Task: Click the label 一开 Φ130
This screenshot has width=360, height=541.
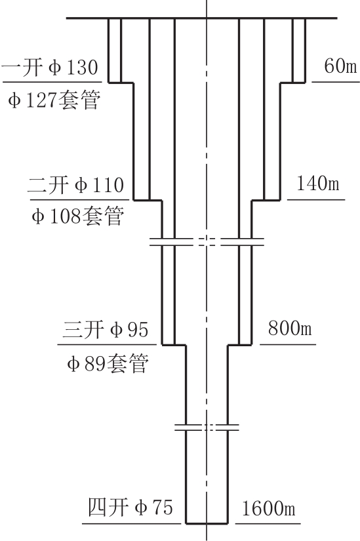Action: [x=50, y=68]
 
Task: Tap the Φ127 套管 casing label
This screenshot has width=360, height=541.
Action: [x=54, y=100]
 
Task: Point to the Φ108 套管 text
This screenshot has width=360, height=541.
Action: [x=77, y=216]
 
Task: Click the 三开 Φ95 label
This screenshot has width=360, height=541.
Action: [x=106, y=329]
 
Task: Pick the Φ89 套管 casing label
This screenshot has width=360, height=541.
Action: [x=108, y=363]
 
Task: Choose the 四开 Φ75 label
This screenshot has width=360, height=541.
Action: [x=130, y=507]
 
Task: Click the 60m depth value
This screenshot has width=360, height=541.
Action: [x=340, y=66]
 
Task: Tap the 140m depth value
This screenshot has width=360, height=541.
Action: [x=318, y=183]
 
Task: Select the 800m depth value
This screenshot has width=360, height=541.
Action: [x=290, y=328]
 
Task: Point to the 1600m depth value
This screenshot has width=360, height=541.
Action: [x=269, y=509]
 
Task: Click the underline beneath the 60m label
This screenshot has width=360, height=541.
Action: [x=336, y=82]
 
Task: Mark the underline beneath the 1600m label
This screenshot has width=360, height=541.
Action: [x=268, y=523]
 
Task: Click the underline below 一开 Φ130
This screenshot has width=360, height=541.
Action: [x=52, y=82]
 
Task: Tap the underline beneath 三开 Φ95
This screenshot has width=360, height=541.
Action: [x=107, y=344]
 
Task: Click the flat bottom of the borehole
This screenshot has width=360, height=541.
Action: [x=207, y=523]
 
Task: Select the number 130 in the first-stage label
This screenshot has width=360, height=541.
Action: [x=82, y=68]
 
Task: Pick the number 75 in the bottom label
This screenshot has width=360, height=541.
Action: [x=161, y=508]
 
